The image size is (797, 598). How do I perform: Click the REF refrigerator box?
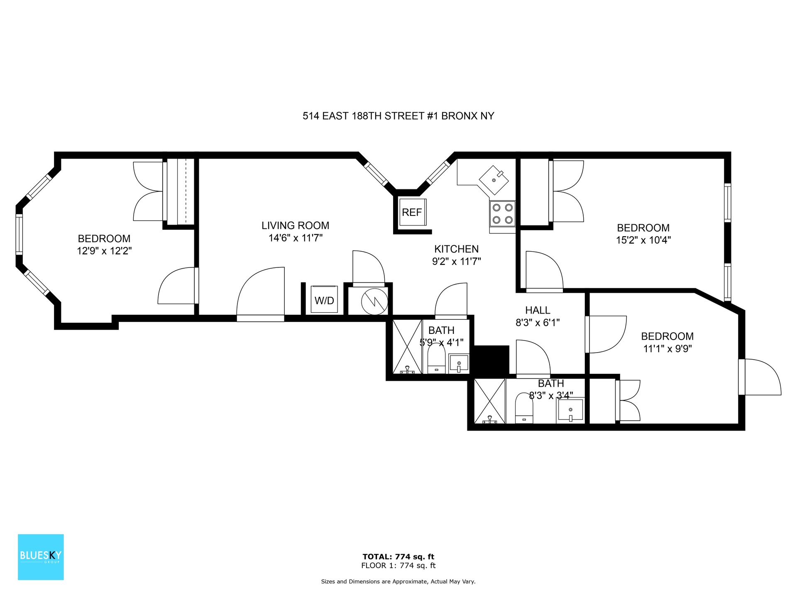[412, 212]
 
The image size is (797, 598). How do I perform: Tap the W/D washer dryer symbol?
[324, 299]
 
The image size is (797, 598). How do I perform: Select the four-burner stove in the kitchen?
[502, 214]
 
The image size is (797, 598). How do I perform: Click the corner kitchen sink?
[494, 180]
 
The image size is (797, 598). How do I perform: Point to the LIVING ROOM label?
[295, 225]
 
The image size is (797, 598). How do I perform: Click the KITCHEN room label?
[456, 249]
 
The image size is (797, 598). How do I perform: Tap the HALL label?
[538, 310]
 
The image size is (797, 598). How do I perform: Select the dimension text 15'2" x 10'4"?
[643, 240]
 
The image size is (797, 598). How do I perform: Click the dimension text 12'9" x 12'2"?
[104, 251]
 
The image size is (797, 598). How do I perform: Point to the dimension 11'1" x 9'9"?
[667, 348]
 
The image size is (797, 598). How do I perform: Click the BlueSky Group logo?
[41, 557]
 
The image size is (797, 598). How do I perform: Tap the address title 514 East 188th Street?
[398, 116]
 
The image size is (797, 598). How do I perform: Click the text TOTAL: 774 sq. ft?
[398, 557]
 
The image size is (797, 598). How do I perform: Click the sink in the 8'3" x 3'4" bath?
[570, 410]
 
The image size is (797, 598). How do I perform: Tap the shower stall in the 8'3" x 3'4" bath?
[489, 401]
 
